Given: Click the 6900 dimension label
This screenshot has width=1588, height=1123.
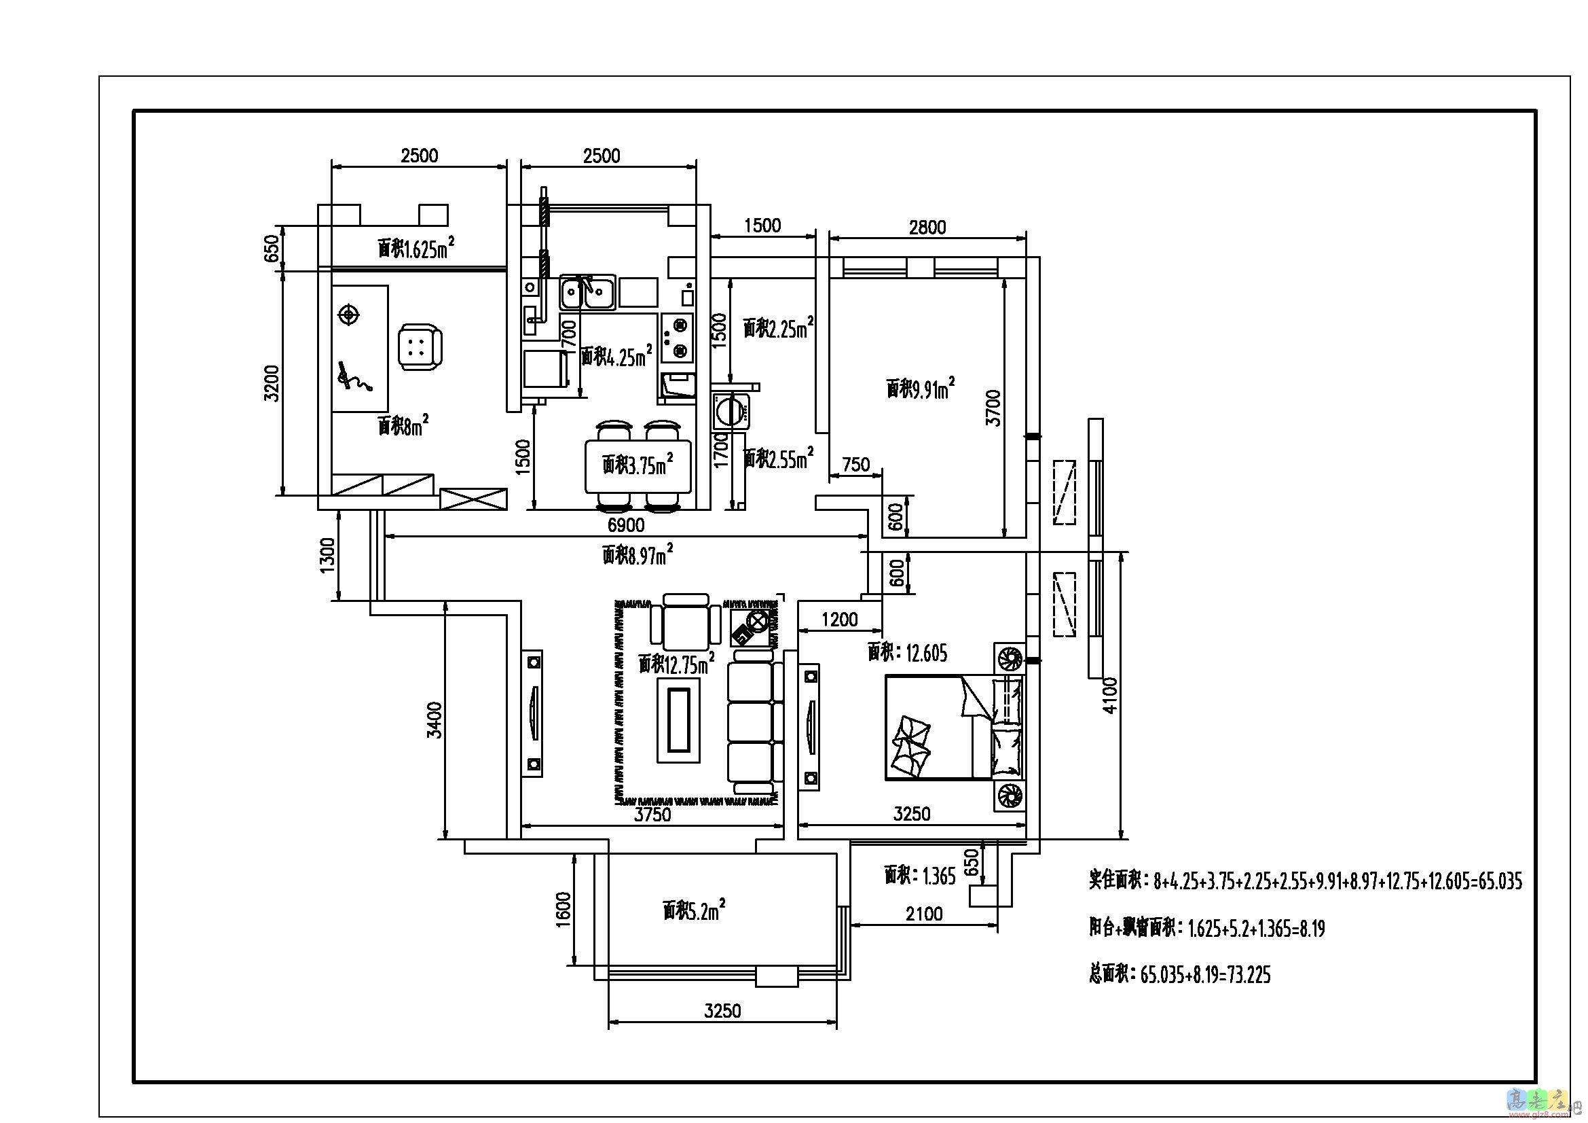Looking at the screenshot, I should [x=625, y=525].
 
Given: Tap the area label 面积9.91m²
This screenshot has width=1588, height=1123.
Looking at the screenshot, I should [x=921, y=387].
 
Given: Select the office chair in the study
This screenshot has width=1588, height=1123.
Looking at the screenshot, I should [x=420, y=347].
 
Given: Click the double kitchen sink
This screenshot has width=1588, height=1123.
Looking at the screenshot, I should [x=588, y=293].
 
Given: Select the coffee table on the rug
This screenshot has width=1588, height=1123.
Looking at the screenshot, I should [x=678, y=719].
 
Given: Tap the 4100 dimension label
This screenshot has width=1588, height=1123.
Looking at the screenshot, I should [x=1109, y=696].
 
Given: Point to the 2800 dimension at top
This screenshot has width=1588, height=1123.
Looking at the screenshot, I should [x=927, y=228].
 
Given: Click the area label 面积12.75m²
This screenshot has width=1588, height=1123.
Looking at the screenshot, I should [x=676, y=664].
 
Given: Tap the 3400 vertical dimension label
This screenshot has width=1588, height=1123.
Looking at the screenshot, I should [x=435, y=719].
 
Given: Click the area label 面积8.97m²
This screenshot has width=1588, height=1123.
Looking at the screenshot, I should [x=637, y=554].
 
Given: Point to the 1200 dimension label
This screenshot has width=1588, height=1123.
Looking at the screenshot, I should [x=839, y=620].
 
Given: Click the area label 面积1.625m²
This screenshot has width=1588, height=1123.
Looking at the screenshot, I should [x=416, y=248].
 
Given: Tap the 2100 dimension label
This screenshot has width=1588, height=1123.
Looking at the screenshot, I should [x=924, y=914].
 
